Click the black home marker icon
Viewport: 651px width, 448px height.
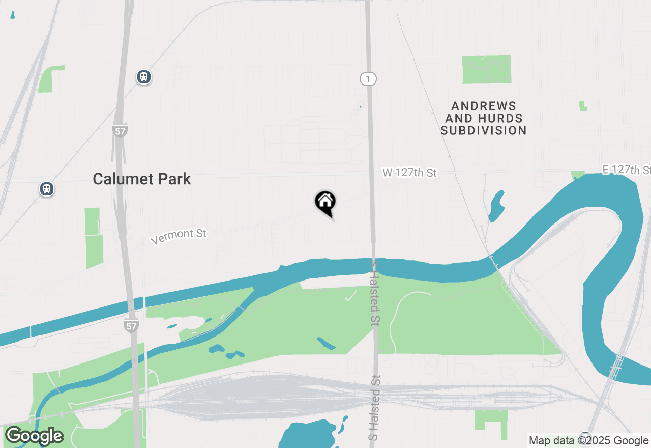click(x=325, y=202)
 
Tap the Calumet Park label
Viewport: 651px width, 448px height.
click(x=142, y=179)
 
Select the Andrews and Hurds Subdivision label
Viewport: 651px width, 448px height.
click(x=484, y=118)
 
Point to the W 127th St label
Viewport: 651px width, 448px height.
click(x=409, y=173)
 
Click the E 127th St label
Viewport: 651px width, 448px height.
click(x=626, y=170)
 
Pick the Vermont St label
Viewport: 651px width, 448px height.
click(x=179, y=236)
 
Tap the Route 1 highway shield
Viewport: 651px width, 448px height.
click(x=368, y=78)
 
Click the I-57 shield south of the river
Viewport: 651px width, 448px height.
click(x=131, y=325)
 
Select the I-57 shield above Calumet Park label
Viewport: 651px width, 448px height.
click(x=120, y=131)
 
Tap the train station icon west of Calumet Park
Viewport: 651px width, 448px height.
click(x=47, y=189)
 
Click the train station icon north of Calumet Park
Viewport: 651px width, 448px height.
click(x=144, y=77)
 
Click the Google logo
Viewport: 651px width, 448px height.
click(x=34, y=436)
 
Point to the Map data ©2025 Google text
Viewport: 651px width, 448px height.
click(x=588, y=440)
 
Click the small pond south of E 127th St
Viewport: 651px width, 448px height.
click(x=496, y=206)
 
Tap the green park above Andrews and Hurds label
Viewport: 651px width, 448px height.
click(x=486, y=70)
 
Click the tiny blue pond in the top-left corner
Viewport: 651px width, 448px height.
click(x=12, y=15)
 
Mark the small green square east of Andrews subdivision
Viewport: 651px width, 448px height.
click(x=583, y=106)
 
